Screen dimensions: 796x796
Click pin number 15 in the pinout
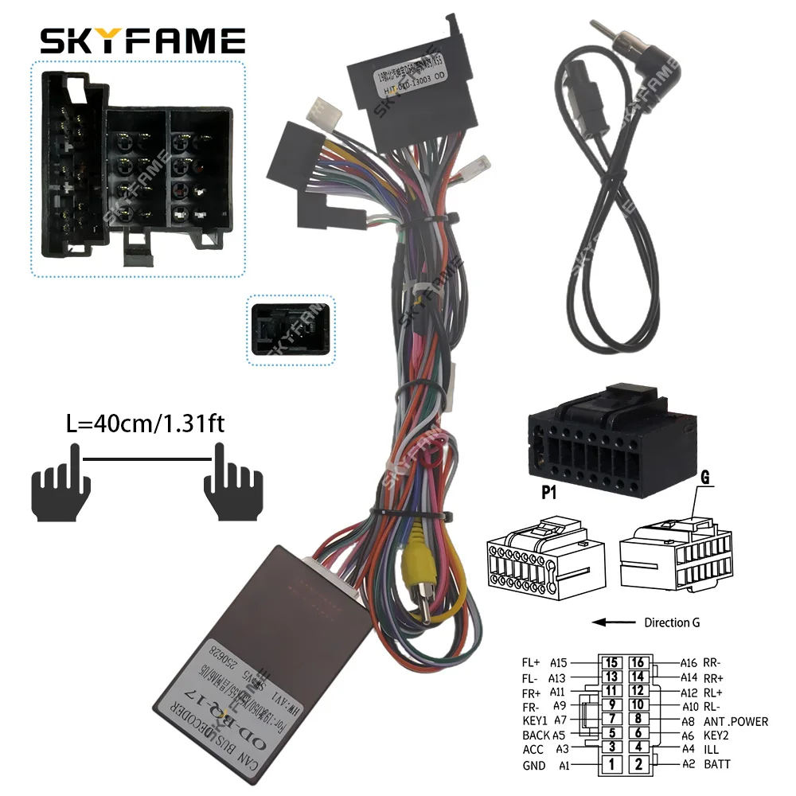612,662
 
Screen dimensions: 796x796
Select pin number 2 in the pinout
638,764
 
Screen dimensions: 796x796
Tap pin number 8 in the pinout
638,721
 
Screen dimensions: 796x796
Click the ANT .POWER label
736,721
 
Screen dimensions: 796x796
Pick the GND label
534,765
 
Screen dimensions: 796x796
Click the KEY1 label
537,721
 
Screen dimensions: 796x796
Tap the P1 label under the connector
550,492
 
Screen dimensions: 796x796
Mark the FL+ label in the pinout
531,662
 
